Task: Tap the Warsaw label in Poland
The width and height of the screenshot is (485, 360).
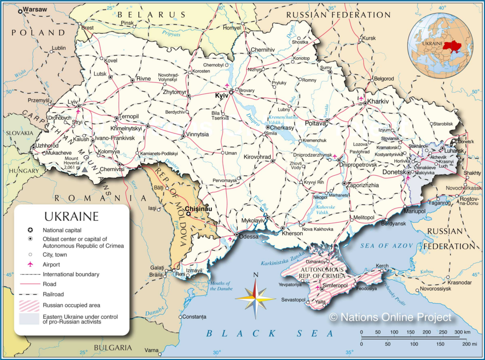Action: tap(35, 9)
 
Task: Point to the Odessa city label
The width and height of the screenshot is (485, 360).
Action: tap(249, 236)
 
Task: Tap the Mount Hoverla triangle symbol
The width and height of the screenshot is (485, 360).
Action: tap(84, 169)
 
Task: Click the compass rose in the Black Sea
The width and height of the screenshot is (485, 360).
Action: tap(255, 298)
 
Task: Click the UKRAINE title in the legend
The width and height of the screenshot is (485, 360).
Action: tap(72, 217)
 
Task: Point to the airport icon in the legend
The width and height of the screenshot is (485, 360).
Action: tap(31, 264)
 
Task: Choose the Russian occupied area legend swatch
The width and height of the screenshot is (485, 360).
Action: tap(29, 305)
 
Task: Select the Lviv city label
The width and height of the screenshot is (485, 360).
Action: tap(72, 102)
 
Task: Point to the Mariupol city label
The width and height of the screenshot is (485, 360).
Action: tap(415, 211)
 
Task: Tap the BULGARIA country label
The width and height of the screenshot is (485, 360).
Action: tap(113, 348)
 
